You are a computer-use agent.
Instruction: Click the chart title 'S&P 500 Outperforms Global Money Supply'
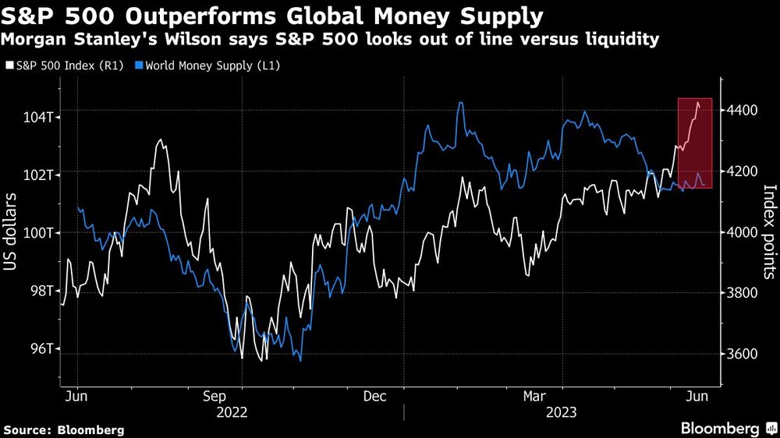click(273, 15)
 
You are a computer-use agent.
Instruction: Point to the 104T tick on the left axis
click(37, 117)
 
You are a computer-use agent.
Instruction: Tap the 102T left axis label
click(37, 175)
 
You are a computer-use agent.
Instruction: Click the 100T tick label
click(37, 232)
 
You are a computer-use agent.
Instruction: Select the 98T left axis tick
click(40, 291)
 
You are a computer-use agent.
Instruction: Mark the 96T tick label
click(40, 349)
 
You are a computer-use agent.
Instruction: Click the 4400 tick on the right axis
click(743, 111)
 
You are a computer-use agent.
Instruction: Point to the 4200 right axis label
click(743, 171)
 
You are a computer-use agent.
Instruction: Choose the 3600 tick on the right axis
click(743, 354)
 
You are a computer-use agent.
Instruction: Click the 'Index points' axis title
click(769, 231)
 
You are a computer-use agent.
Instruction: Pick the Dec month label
click(376, 396)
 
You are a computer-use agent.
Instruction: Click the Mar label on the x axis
click(535, 396)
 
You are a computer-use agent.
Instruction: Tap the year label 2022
click(232, 412)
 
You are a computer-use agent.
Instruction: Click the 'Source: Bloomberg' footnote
click(64, 429)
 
